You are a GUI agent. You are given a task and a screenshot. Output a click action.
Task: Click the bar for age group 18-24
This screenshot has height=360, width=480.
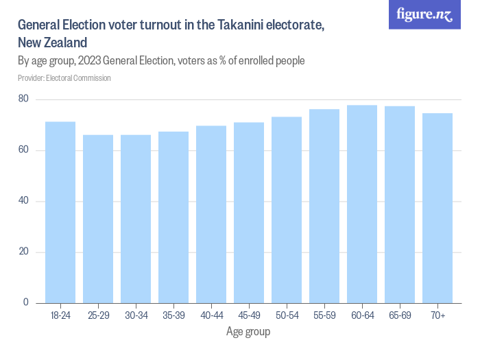coord(60,212)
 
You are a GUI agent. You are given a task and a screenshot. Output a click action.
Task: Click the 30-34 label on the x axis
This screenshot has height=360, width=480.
coord(136,315)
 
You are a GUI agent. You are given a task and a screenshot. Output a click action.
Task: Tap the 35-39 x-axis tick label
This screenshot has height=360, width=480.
coord(173,315)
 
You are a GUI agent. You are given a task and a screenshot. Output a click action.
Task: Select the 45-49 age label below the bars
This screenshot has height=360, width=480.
coord(249,315)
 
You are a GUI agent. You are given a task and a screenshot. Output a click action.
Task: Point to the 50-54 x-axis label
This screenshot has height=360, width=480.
coord(287,315)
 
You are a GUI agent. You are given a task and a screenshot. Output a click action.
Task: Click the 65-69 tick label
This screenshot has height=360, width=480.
coord(400,315)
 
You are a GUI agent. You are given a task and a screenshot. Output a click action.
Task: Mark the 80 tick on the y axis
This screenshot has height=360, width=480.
coord(23,99)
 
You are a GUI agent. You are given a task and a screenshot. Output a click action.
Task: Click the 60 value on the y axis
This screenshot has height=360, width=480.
coord(23,150)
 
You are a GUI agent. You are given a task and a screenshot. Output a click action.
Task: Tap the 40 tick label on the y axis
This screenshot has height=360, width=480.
coord(23,201)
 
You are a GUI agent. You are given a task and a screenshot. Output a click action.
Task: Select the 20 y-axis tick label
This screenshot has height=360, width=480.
coord(23,252)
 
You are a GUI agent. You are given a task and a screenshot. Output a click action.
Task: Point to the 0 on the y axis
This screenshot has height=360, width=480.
coord(26,302)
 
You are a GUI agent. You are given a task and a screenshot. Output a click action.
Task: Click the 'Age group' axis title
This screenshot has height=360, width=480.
coord(248,332)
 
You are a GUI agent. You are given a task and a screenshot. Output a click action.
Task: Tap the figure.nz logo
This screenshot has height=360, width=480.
coord(424,14)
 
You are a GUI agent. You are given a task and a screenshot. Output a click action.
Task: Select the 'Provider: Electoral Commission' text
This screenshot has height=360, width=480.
coord(64,78)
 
